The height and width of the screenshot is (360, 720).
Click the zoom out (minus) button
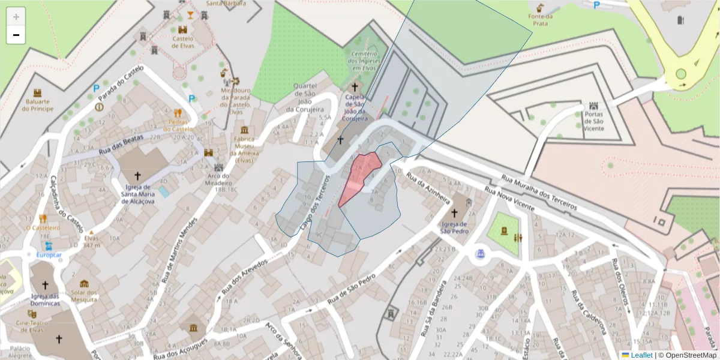[x=16, y=35]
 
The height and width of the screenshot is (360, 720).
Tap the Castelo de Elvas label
[x=183, y=42]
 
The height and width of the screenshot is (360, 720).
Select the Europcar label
[x=49, y=254]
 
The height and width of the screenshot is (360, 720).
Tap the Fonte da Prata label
[x=540, y=20]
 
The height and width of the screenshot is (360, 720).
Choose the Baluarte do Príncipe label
[x=37, y=105]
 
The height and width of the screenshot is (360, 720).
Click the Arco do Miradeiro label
[x=218, y=179]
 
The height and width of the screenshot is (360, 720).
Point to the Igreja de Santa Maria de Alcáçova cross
[x=137, y=176]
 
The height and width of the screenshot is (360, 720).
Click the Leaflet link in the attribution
[x=641, y=355]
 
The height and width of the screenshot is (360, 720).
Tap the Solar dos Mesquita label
[x=84, y=295]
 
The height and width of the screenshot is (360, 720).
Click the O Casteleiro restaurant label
[x=43, y=228]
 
